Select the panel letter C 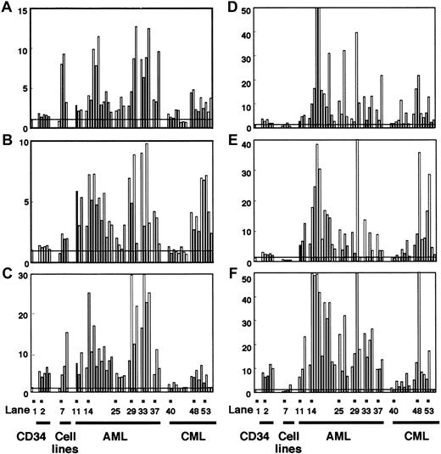pos(8,273)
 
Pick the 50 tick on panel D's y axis pos(253,8)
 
